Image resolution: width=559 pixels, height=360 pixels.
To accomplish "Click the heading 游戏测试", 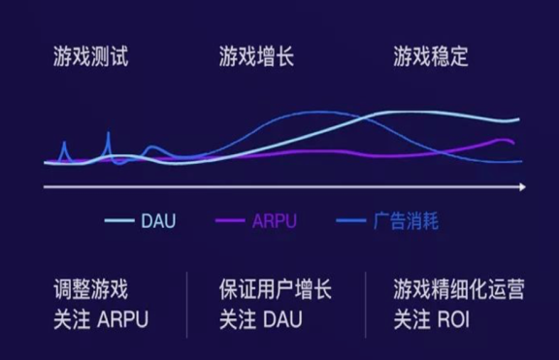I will [90, 56].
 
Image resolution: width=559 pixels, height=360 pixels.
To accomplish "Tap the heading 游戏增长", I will [257, 56].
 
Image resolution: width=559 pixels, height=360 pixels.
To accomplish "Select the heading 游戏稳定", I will [431, 56].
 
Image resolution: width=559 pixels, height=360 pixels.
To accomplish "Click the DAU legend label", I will [158, 221].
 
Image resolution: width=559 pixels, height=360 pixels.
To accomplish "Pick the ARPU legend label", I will [274, 221].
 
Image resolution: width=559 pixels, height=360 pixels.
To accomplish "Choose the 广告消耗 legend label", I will [406, 221].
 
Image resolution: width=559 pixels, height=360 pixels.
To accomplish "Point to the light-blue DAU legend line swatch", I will [118, 221].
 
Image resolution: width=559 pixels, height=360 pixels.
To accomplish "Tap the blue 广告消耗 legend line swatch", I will [351, 221].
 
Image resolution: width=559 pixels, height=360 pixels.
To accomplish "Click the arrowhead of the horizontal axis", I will [522, 185].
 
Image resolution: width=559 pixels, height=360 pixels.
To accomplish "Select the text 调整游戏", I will [90, 289].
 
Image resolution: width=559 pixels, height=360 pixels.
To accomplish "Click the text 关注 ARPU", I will [102, 318].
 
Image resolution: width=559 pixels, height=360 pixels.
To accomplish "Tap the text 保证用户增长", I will [276, 289].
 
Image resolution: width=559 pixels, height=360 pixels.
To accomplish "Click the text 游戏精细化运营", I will [459, 289].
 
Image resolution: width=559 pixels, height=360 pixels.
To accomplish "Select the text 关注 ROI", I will [432, 318].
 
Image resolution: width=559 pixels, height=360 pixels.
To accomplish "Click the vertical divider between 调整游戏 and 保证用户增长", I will [186, 304].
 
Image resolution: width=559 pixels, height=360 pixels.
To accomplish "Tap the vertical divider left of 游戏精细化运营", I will [366, 304].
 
